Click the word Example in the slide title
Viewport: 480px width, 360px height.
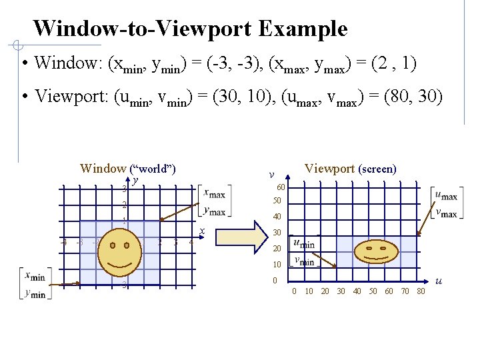tap(303, 29)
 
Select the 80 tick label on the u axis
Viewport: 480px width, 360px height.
tap(421, 291)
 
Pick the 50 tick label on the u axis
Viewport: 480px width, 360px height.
tap(373, 291)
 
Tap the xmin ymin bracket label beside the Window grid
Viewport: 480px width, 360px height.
tap(35, 283)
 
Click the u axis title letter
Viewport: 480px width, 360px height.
tap(438, 283)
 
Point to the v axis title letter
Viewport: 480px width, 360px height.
tap(271, 175)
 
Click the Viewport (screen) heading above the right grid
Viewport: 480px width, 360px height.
tap(350, 169)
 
